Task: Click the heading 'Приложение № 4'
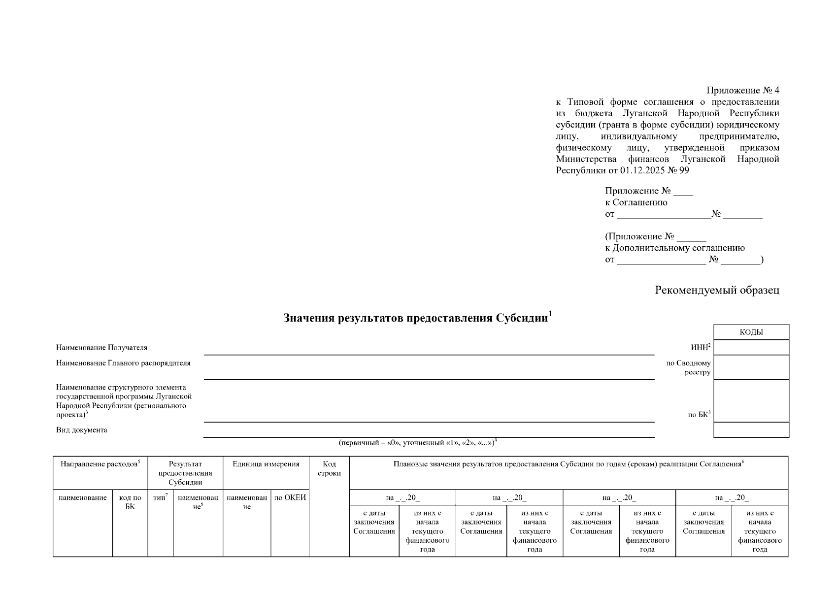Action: coord(742,90)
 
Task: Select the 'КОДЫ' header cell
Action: coord(751,332)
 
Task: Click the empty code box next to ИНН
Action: coord(751,347)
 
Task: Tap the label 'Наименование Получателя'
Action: coord(101,348)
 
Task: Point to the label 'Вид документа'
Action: coord(82,430)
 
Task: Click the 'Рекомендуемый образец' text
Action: coord(717,290)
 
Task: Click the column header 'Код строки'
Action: coord(329,468)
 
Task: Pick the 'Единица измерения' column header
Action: coord(266,464)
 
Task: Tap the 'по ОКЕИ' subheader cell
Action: coord(290,498)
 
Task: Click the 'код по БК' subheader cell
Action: coord(130,502)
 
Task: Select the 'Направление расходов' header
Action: coord(100,464)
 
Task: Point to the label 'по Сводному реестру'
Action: coord(688,367)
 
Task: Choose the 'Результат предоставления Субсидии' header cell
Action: coord(185,473)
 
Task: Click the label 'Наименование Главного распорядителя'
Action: coord(123,363)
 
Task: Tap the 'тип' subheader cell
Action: coord(160,498)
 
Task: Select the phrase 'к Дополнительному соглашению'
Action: coord(675,248)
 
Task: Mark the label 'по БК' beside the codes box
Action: coord(699,415)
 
